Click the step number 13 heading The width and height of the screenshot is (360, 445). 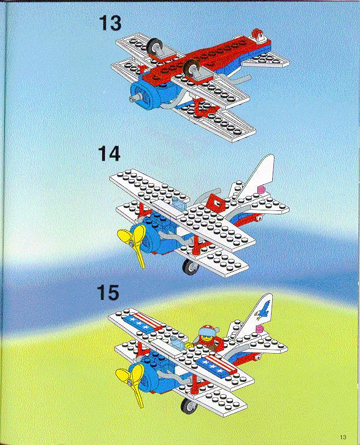tap(110, 23)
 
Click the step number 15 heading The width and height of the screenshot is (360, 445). tap(108, 292)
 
